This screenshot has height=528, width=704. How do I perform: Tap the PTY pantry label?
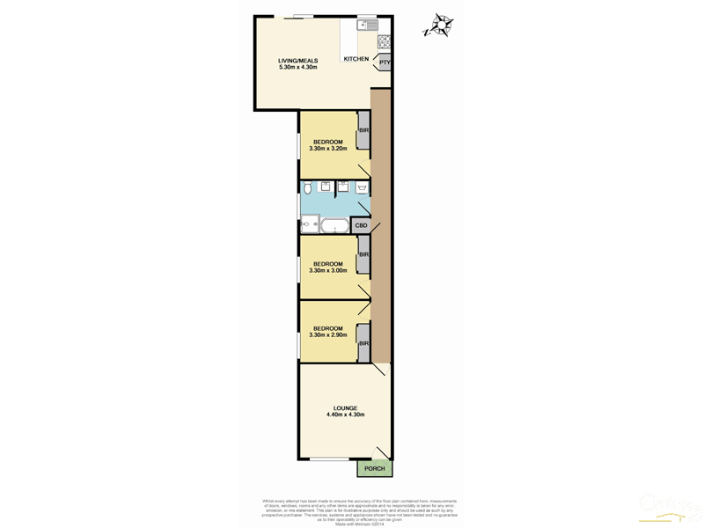384,62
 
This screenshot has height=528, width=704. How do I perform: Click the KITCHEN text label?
356,59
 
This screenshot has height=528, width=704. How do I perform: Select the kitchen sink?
366,26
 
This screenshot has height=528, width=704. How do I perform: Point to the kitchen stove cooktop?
385,41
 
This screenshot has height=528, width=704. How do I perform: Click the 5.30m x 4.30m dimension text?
297,68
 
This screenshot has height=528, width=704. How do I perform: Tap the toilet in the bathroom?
306,188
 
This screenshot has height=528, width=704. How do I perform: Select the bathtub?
334,226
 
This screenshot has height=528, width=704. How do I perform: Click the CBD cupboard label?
361,226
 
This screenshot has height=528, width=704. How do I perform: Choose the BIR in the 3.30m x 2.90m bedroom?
363,343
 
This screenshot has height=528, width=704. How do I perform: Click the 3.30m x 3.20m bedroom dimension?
328,149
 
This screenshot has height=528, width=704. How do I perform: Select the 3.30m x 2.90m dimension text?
328,335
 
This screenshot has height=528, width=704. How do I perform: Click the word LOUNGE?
345,407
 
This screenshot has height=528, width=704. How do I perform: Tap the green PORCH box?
374,469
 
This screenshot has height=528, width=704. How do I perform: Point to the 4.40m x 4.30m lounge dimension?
345,415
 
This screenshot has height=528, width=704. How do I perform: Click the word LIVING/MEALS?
297,61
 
